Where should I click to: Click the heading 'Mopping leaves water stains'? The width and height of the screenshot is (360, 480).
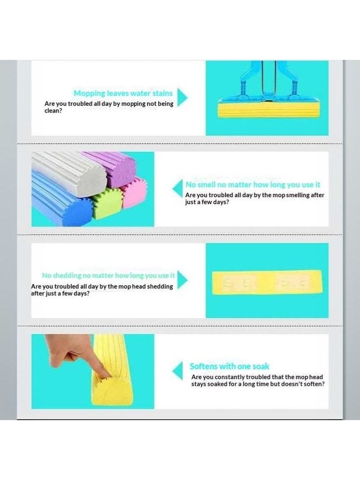[123, 93]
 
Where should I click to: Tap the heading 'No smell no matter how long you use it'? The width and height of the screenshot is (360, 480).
[252, 185]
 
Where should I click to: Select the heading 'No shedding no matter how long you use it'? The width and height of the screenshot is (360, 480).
[108, 276]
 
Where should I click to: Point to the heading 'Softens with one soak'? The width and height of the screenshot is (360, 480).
[229, 366]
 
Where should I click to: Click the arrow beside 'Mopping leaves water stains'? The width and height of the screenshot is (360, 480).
[182, 97]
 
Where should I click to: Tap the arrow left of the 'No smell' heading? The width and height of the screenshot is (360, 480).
[177, 189]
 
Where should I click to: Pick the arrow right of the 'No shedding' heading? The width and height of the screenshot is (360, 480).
[182, 280]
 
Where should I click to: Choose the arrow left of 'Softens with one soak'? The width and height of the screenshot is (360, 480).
[177, 371]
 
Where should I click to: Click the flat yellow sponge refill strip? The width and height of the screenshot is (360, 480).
[267, 282]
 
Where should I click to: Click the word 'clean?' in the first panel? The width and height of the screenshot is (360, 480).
[53, 111]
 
